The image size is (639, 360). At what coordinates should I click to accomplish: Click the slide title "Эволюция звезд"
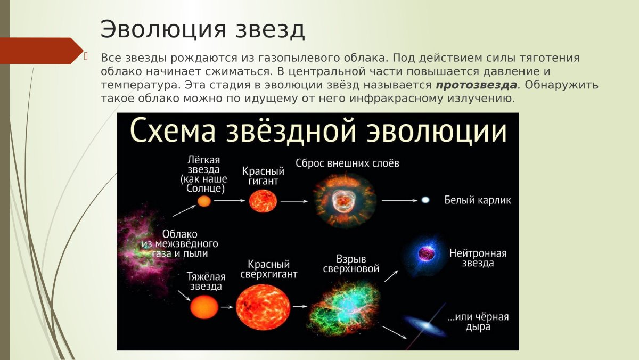click(x=203, y=29)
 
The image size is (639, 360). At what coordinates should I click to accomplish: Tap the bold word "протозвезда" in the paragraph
click(x=476, y=85)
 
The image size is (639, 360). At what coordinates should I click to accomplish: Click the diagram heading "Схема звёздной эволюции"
click(x=318, y=132)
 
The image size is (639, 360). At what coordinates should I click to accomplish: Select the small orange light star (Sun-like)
click(x=204, y=201)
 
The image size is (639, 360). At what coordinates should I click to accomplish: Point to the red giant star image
click(x=263, y=201)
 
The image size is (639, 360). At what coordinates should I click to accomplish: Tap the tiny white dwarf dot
click(x=425, y=200)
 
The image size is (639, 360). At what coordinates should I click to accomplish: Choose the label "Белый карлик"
click(x=478, y=201)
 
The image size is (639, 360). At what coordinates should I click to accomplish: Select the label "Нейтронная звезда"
click(x=478, y=258)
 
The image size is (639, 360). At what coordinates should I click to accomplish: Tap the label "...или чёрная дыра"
click(x=478, y=322)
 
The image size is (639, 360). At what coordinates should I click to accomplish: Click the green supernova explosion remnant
click(x=344, y=306)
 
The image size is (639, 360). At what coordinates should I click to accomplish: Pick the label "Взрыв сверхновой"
click(x=351, y=264)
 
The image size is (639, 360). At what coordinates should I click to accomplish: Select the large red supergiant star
click(x=263, y=307)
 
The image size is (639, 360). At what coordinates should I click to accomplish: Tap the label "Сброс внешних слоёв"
click(x=347, y=163)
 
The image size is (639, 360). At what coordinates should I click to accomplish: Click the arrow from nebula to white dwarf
click(x=399, y=201)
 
